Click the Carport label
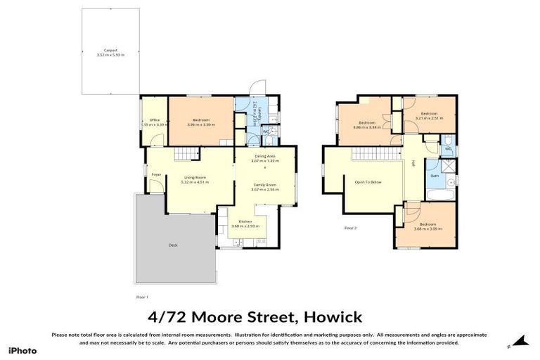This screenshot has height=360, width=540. click(110, 51)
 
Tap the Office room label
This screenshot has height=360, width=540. click(155, 120)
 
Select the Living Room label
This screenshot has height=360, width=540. click(194, 177)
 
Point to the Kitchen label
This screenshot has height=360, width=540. click(245, 221)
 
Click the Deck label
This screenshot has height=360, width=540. click(173, 245)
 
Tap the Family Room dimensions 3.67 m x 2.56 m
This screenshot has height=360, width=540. click(266, 189)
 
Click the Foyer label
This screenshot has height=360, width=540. click(155, 174)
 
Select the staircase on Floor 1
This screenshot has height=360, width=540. click(184, 154)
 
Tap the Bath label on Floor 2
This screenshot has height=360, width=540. click(435, 176)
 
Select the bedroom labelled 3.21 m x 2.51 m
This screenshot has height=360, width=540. click(429, 115)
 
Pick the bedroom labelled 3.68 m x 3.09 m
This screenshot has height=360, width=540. click(427, 226)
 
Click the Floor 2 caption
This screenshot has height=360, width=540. click(350, 229)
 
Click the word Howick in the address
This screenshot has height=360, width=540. click(332, 316)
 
